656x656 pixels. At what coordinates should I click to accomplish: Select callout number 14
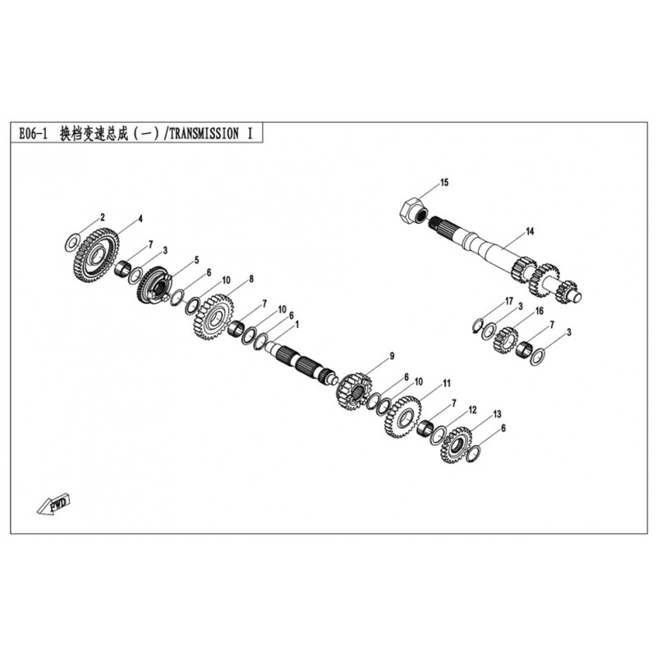pyautogui.click(x=530, y=231)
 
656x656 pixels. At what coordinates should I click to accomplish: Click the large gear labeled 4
pyautogui.click(x=98, y=255)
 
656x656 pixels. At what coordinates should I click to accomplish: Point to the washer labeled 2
pyautogui.click(x=72, y=243)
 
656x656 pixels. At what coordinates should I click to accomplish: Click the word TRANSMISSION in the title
pyautogui.click(x=204, y=134)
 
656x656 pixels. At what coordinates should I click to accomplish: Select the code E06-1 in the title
pyautogui.click(x=33, y=134)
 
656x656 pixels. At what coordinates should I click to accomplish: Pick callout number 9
pyautogui.click(x=392, y=356)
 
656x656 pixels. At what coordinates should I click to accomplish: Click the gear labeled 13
pyautogui.click(x=456, y=445)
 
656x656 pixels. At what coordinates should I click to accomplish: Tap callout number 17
pyautogui.click(x=509, y=301)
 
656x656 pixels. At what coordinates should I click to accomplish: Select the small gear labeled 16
pyautogui.click(x=505, y=339)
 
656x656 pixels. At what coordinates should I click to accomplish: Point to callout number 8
pyautogui.click(x=252, y=279)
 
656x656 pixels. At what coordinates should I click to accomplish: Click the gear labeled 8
pyautogui.click(x=214, y=317)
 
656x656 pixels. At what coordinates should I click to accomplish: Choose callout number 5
pyautogui.click(x=197, y=260)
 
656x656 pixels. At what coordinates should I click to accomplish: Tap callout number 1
pyautogui.click(x=298, y=325)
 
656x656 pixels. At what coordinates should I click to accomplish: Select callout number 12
pyautogui.click(x=472, y=410)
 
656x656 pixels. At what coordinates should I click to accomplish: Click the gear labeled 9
pyautogui.click(x=353, y=392)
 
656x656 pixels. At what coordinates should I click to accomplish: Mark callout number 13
pyautogui.click(x=497, y=414)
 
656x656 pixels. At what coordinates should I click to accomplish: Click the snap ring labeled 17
pyautogui.click(x=478, y=326)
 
